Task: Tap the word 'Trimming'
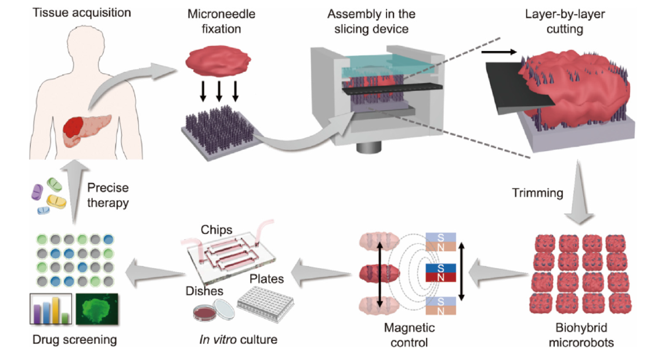(x=538, y=193)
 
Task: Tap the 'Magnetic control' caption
(x=409, y=335)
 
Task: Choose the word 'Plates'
(x=266, y=279)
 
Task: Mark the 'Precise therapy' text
(x=108, y=196)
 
